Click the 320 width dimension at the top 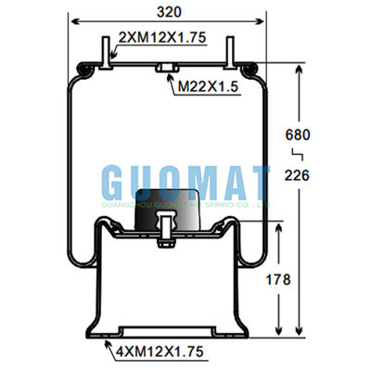[169, 11]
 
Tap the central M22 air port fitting [168, 70]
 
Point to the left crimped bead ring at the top [87, 68]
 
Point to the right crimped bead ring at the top [249, 68]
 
